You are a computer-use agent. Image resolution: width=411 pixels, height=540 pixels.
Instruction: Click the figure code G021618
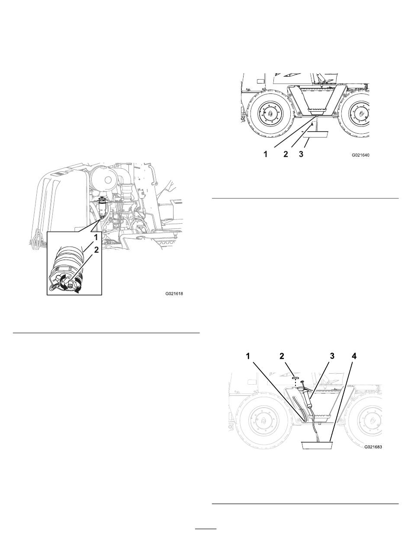tap(174, 293)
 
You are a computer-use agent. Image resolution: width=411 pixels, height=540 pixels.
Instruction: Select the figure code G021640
tap(360, 155)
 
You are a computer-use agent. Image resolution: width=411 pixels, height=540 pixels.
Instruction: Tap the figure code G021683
tap(373, 447)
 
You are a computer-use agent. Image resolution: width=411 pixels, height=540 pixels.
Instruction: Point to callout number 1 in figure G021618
tap(96, 238)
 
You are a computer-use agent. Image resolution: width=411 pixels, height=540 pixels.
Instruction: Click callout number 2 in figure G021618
tap(96, 250)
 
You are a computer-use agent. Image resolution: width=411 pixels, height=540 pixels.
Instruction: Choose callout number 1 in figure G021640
tap(265, 154)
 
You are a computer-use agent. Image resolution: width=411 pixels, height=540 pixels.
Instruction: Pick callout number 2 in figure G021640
tap(286, 154)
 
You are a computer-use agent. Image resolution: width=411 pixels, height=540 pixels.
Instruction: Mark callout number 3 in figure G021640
tap(301, 154)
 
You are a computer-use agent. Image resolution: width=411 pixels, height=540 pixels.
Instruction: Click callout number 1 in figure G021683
tap(248, 356)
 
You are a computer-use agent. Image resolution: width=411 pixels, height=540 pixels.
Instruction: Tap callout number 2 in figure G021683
tap(282, 356)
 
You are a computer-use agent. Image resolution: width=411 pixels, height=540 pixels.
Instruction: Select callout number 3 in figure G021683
tap(332, 356)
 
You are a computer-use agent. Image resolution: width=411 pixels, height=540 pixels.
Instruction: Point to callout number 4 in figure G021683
tap(354, 356)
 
